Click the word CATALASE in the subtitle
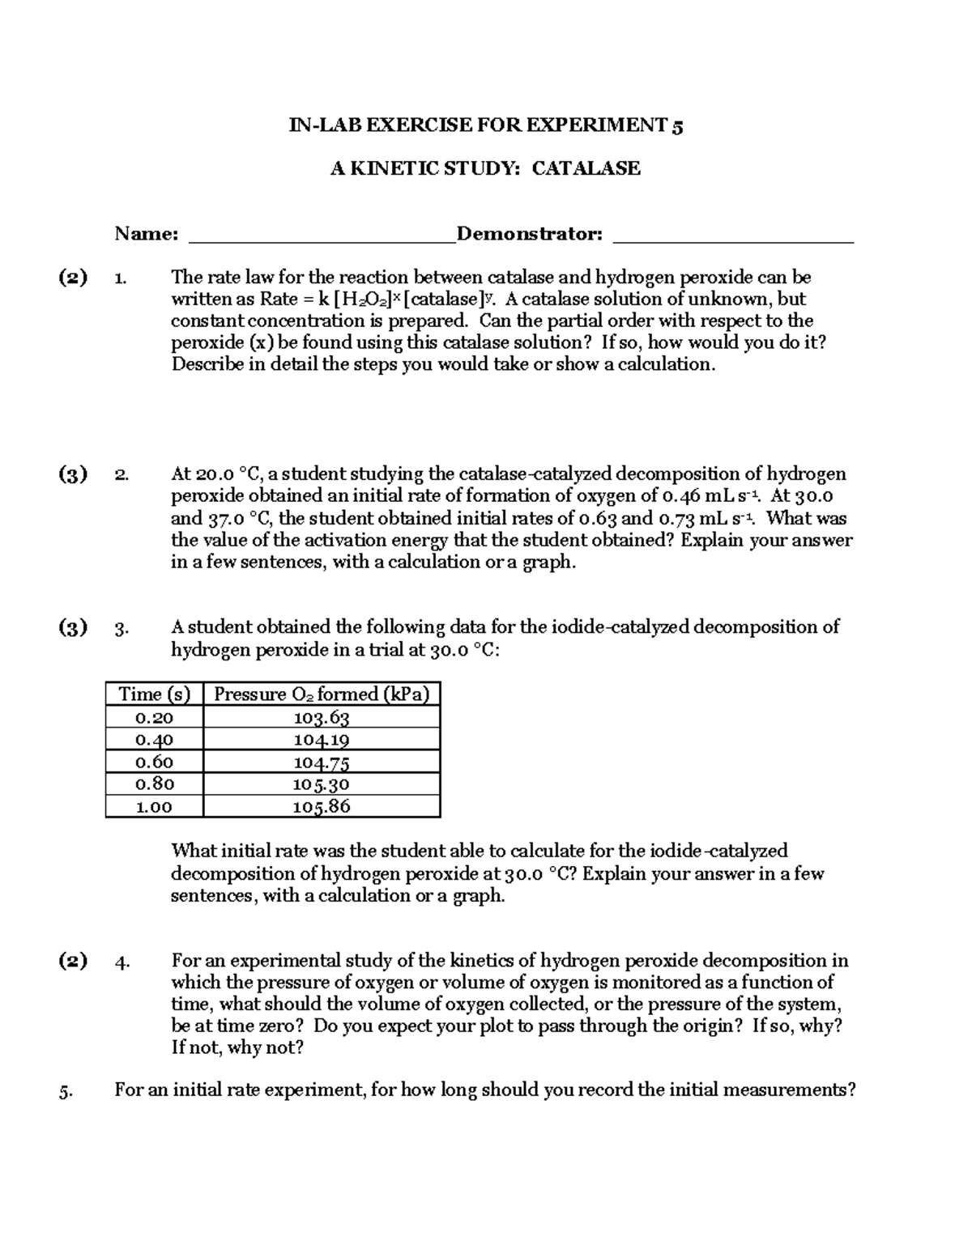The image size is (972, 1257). point(586,168)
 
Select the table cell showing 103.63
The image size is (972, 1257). point(322,717)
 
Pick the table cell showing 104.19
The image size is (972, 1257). point(322,739)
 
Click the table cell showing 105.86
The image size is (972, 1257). point(322,806)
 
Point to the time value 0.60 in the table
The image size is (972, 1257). point(154,762)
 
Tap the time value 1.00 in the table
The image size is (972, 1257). point(154,806)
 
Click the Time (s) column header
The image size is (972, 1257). point(154,694)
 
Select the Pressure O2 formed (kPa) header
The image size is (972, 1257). point(322,694)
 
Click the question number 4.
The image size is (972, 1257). point(122,962)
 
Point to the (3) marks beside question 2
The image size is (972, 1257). point(73,474)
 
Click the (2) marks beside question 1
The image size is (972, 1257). point(73,278)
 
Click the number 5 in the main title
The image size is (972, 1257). point(677,125)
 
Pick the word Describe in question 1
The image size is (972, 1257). point(207,364)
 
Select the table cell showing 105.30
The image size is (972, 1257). point(322,784)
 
